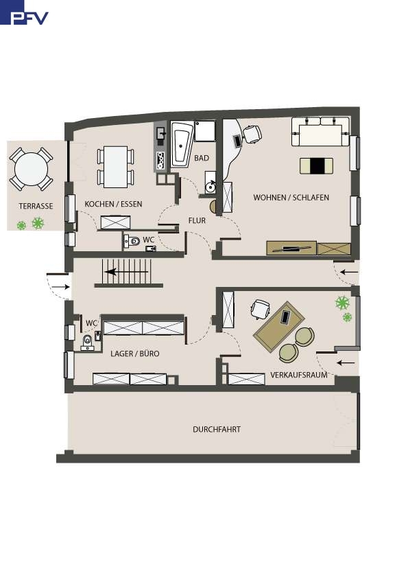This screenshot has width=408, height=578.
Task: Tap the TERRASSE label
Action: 36,206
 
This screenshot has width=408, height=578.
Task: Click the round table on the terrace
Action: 31,169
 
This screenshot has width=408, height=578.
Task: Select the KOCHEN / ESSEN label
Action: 113,204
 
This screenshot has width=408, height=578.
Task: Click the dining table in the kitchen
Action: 116,167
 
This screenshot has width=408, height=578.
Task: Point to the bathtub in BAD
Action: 181,144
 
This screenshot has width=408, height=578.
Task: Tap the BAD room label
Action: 202,158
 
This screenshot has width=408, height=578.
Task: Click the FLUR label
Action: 197,220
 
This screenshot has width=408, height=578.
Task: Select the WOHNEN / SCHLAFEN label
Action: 291,198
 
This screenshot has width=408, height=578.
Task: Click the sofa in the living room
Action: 320,132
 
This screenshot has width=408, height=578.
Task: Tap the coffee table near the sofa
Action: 316,165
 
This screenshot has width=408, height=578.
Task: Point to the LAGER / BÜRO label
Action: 135,354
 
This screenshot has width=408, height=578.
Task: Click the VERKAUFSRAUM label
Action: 299,375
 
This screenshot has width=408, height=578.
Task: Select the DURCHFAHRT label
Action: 217,430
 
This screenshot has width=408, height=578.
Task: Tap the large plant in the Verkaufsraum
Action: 342,303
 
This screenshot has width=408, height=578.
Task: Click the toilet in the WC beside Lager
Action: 87,342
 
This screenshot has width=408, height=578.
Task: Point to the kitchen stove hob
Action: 160,161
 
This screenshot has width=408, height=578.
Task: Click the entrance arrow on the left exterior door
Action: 61,286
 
